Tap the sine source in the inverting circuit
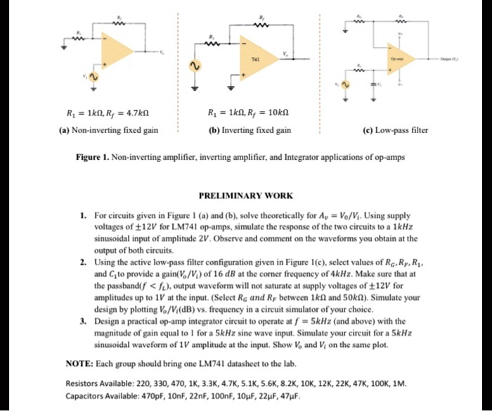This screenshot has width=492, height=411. pos(195,66)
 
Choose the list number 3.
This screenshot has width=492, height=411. pos(83,322)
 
